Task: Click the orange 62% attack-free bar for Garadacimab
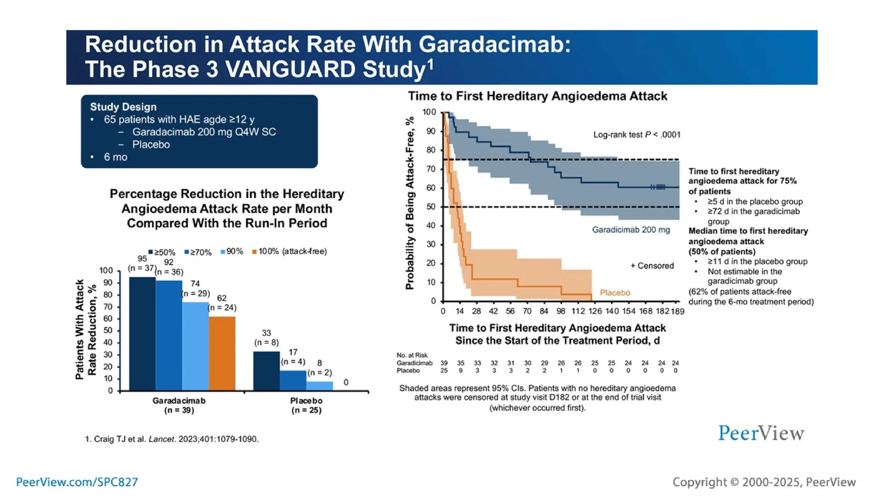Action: pos(222,353)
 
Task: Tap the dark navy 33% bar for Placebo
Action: pos(266,371)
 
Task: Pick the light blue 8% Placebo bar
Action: pos(319,386)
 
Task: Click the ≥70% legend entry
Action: pos(198,252)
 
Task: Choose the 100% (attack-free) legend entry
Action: pos(290,252)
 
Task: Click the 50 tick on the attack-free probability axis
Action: pos(430,207)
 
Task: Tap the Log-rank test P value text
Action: pos(636,135)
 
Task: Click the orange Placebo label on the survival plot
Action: pos(615,293)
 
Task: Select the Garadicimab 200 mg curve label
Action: pos(631,230)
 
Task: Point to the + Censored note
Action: pos(652,266)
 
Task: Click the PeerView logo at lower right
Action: pos(761,433)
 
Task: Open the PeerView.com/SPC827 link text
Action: pos(77,482)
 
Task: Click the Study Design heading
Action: pos(123,107)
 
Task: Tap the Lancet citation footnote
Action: pos(172,439)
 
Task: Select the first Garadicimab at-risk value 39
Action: pos(444,363)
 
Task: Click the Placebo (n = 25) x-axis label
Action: pos(306,405)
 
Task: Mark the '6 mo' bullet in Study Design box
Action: pos(115,157)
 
